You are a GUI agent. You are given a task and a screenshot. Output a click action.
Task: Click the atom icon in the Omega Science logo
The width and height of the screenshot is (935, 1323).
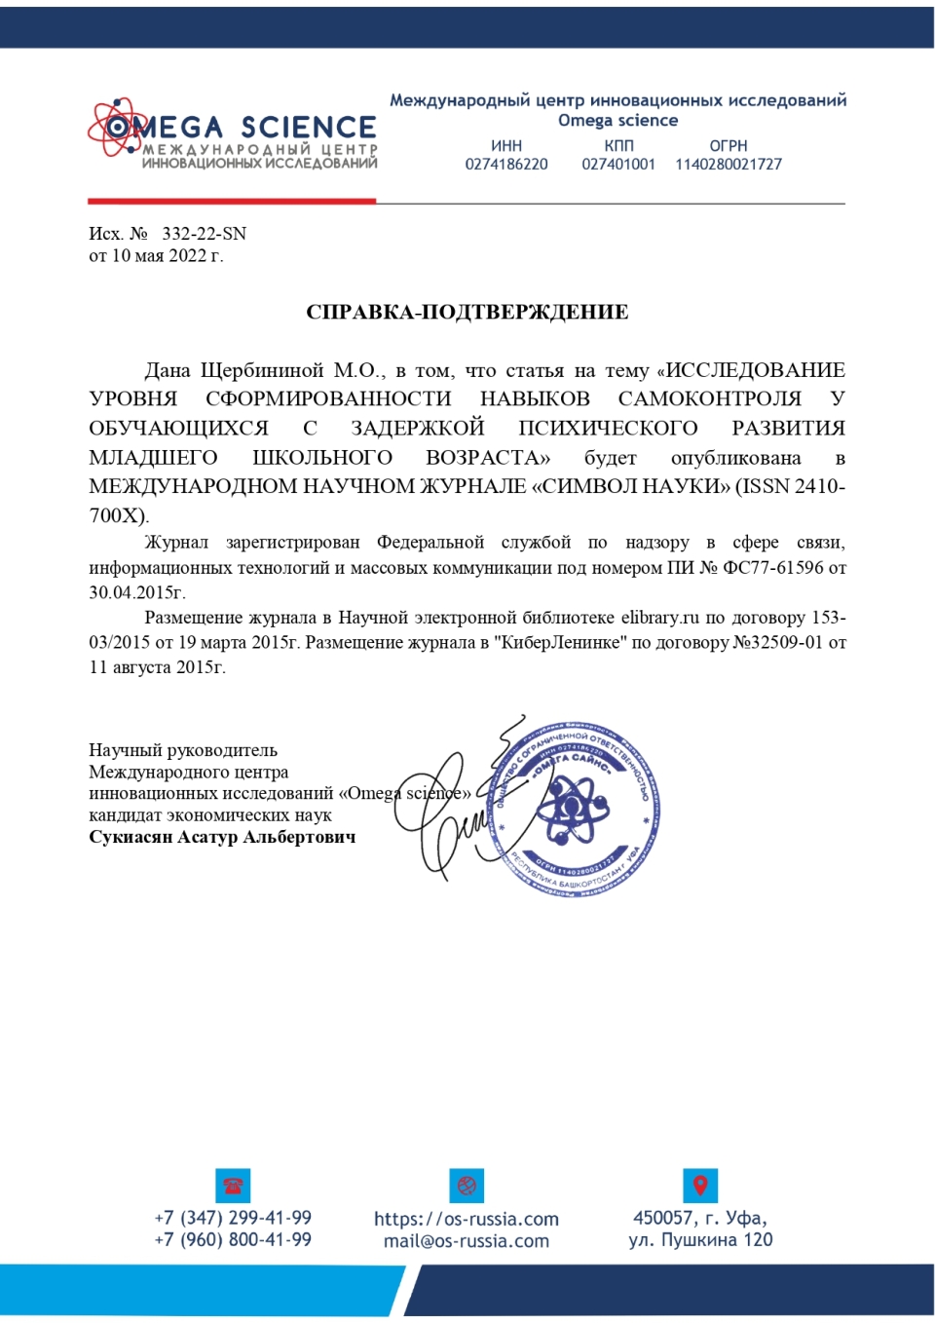tap(116, 127)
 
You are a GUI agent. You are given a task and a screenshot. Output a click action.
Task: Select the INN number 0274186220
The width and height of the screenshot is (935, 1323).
tap(506, 165)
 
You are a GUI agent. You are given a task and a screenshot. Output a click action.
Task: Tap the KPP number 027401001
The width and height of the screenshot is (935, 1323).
tap(618, 165)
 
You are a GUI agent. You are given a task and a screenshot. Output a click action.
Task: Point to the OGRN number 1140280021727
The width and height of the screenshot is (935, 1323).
tap(729, 165)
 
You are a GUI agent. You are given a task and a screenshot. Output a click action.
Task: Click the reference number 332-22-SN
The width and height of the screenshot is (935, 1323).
tap(205, 234)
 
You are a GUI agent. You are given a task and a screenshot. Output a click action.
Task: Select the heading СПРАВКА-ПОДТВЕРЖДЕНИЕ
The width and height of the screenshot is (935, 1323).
tap(467, 312)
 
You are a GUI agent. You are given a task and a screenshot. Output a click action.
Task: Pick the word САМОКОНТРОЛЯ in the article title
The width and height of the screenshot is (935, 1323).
tap(710, 399)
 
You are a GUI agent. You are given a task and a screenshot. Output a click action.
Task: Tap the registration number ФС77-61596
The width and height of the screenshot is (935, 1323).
tap(773, 567)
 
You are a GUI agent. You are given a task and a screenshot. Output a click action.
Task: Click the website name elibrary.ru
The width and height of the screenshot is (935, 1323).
tap(660, 618)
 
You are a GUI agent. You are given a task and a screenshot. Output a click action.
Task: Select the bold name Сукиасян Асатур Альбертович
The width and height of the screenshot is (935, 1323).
tap(222, 837)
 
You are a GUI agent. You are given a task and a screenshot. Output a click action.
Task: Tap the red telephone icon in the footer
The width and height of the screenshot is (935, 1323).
tap(233, 1186)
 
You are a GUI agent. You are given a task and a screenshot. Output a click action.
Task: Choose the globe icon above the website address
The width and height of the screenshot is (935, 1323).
tap(467, 1186)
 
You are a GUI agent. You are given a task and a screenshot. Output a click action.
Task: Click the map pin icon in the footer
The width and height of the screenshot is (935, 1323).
tap(700, 1186)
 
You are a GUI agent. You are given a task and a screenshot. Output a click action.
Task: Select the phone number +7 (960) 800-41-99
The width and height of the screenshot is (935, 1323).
tap(233, 1240)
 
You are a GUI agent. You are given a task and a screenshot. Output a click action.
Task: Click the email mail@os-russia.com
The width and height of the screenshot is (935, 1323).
tap(467, 1241)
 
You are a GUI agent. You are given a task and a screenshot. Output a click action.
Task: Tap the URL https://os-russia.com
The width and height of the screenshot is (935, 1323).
tap(467, 1219)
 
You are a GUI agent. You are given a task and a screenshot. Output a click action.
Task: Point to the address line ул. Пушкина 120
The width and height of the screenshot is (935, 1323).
tap(700, 1240)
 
